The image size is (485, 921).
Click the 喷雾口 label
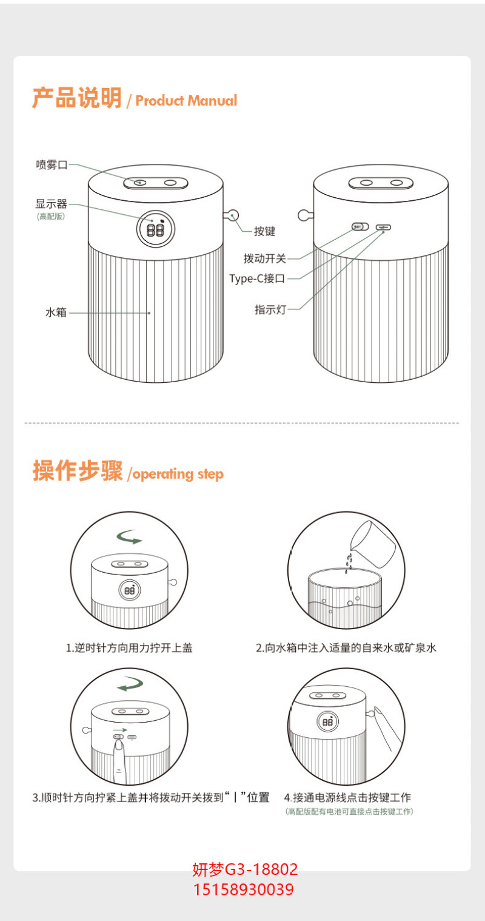(52, 165)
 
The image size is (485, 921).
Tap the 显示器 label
(51, 203)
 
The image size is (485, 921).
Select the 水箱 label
(56, 312)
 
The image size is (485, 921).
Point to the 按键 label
(264, 232)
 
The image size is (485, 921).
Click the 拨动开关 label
(264, 258)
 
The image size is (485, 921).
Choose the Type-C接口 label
(257, 278)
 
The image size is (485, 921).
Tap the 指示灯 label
(270, 309)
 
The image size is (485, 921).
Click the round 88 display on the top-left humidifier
(156, 229)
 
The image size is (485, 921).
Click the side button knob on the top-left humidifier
(232, 215)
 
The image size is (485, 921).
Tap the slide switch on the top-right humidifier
(360, 226)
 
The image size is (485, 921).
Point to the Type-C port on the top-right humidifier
(383, 226)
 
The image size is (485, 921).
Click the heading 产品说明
(77, 98)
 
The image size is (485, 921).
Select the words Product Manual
(187, 101)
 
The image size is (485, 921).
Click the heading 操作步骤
(78, 470)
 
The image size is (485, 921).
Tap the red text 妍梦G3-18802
(245, 869)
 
